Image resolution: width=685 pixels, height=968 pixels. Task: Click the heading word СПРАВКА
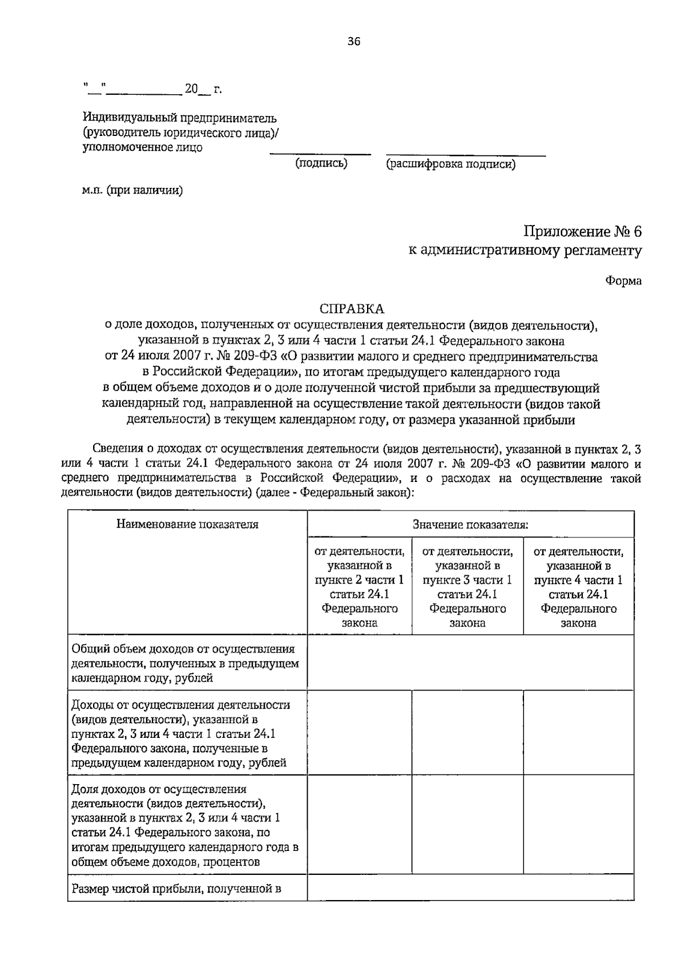coord(352,309)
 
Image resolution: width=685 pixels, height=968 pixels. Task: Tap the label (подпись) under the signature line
coord(321,164)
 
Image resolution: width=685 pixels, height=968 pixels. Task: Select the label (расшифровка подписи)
coord(451,164)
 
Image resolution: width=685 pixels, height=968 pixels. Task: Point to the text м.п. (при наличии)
coord(132,191)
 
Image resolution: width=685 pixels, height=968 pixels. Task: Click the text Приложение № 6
coord(582,232)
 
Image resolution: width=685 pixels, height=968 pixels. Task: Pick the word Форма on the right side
coord(623,281)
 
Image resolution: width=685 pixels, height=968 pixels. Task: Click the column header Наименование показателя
coord(187,524)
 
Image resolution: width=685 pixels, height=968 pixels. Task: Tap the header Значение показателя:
coord(470,524)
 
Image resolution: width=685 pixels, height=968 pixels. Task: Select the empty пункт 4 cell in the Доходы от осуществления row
coord(578,733)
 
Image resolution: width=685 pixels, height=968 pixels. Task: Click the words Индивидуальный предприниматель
coord(180,118)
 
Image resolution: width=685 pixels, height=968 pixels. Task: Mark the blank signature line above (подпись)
coord(320,153)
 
